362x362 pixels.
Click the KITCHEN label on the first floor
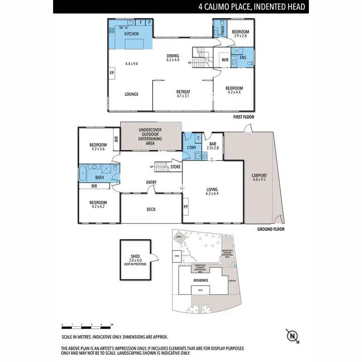coord(131,34)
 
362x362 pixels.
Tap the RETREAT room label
coord(183,92)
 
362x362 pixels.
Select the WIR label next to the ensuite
coord(225,60)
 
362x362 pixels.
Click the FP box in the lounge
coord(111,73)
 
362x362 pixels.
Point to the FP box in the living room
coord(186,207)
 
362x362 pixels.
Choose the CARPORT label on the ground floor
coord(259,176)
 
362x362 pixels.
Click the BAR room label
coord(212,143)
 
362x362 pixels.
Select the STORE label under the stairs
coord(175,167)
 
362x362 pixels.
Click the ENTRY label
coord(151,182)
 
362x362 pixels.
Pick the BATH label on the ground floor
coord(99,177)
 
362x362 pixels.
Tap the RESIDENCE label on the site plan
coord(200,279)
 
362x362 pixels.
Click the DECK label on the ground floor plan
coord(151,209)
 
